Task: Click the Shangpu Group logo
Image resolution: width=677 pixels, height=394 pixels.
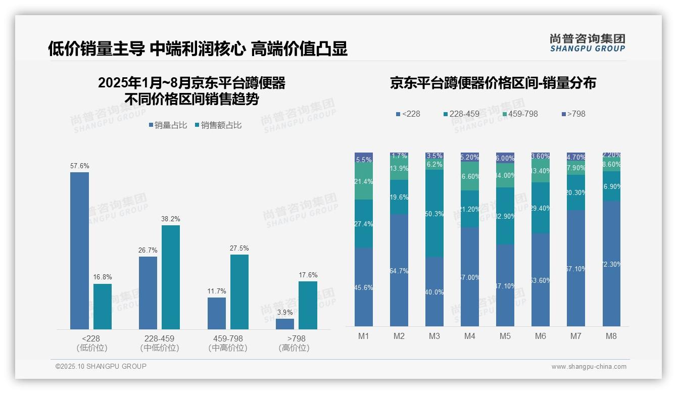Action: coord(587,43)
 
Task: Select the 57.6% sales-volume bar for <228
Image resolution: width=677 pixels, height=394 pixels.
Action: coord(79,251)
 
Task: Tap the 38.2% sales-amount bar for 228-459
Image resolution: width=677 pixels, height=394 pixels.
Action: coord(171,277)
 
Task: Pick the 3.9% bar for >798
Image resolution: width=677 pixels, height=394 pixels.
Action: coord(285,324)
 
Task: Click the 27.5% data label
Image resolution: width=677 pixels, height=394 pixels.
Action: coord(239,249)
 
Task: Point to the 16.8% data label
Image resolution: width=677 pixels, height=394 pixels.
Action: coord(103,277)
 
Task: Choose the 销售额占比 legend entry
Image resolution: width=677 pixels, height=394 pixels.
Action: coord(218,125)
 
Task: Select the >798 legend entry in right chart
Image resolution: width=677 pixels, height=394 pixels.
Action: coord(573,114)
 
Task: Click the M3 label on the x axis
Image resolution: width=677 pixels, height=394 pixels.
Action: coord(434,336)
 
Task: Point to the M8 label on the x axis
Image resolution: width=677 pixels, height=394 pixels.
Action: coord(611,336)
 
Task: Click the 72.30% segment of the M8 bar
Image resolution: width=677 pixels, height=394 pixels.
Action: coord(611,264)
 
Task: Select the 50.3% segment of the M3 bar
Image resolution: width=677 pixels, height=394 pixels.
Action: coord(434,213)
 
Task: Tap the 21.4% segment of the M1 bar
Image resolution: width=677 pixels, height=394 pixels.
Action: coord(364,181)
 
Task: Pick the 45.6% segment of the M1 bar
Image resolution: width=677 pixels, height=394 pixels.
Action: coord(364,287)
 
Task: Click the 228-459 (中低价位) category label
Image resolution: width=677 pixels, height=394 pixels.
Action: coord(160,343)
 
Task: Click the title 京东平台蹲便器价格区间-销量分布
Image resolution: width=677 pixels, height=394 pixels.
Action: coord(493,83)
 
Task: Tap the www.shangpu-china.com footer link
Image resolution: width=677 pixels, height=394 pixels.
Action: coord(589,367)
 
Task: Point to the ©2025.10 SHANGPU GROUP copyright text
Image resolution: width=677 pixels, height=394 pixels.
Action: coord(101,366)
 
